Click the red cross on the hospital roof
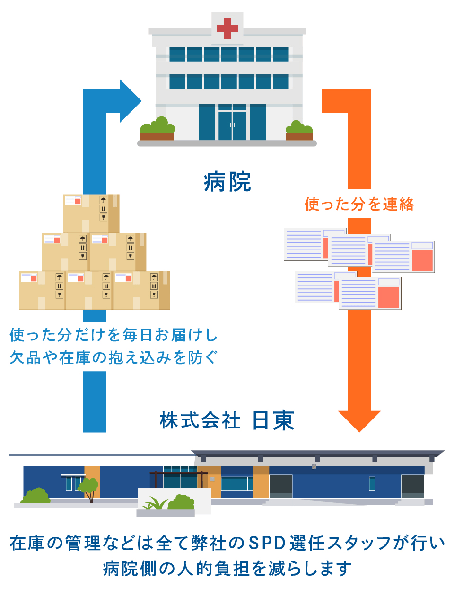pyautogui.click(x=227, y=28)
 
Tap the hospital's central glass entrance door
pyautogui.click(x=232, y=122)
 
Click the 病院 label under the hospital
pyautogui.click(x=227, y=181)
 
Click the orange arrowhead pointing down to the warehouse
pyautogui.click(x=359, y=421)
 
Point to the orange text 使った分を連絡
pyautogui.click(x=359, y=204)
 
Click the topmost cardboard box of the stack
pyautogui.click(x=91, y=213)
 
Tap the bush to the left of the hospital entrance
pyautogui.click(x=157, y=125)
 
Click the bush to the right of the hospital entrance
pyautogui.click(x=299, y=127)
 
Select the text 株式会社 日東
pyautogui.click(x=227, y=420)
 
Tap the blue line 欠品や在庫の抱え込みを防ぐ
pyautogui.click(x=113, y=357)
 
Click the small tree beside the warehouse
pyautogui.click(x=88, y=490)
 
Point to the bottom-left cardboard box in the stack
pyautogui.click(x=42, y=290)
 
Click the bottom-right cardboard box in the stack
pyautogui.click(x=142, y=290)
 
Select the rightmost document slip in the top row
pyautogui.click(x=403, y=257)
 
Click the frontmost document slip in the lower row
pyautogui.click(x=370, y=293)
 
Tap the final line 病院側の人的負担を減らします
pyautogui.click(x=227, y=569)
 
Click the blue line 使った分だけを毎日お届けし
pyautogui.click(x=113, y=335)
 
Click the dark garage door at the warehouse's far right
pyautogui.click(x=413, y=486)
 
